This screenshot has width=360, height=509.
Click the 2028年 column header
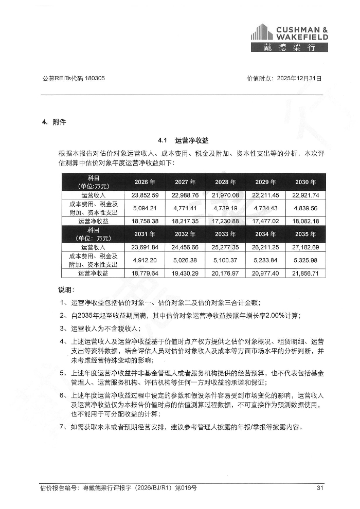coord(225,182)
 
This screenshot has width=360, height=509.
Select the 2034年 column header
coord(266,234)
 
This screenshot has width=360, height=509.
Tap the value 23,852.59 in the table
coord(145,195)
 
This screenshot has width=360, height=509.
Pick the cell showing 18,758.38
coord(145,221)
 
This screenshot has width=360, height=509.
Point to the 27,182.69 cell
coord(306,247)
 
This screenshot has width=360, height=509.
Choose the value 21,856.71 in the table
coord(306,273)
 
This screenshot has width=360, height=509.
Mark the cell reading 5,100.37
coord(225,260)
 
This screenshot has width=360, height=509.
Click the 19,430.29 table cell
coord(185,273)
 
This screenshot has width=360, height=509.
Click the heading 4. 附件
coord(54,122)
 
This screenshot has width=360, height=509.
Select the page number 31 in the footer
coord(319,487)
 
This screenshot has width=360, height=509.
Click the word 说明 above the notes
coord(65,289)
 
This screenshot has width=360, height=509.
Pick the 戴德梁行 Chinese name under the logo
coord(290,48)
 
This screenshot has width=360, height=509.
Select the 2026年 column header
coord(145,182)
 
